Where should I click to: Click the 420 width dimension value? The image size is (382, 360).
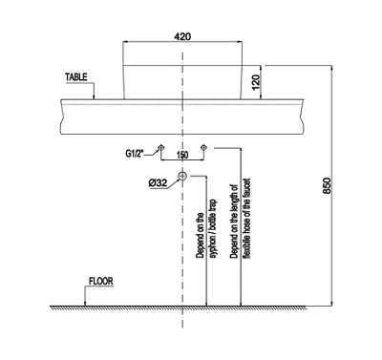(182, 36)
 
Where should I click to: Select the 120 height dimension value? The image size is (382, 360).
(257, 82)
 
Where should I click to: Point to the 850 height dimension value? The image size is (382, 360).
(328, 185)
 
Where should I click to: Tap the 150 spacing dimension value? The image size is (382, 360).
(182, 155)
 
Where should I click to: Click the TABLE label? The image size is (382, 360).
(76, 77)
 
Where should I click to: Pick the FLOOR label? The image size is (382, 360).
(101, 282)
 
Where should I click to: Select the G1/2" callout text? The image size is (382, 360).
(135, 154)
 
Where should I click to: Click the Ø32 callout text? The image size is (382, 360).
(158, 182)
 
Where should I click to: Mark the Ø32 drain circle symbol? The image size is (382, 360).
(182, 176)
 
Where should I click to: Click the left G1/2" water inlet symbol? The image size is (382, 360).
(161, 147)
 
